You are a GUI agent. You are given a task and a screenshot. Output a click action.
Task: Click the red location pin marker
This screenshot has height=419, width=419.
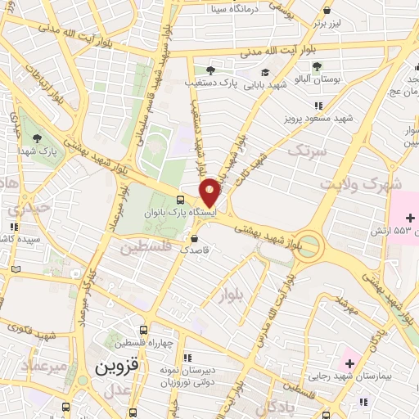coord(209,192)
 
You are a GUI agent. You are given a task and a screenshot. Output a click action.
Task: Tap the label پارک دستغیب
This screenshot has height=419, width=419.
coord(232,83)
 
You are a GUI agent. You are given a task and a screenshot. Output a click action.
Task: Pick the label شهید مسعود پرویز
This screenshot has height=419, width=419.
coord(342,118)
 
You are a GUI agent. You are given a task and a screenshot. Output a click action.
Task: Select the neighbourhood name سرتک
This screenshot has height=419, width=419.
coord(307,151)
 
